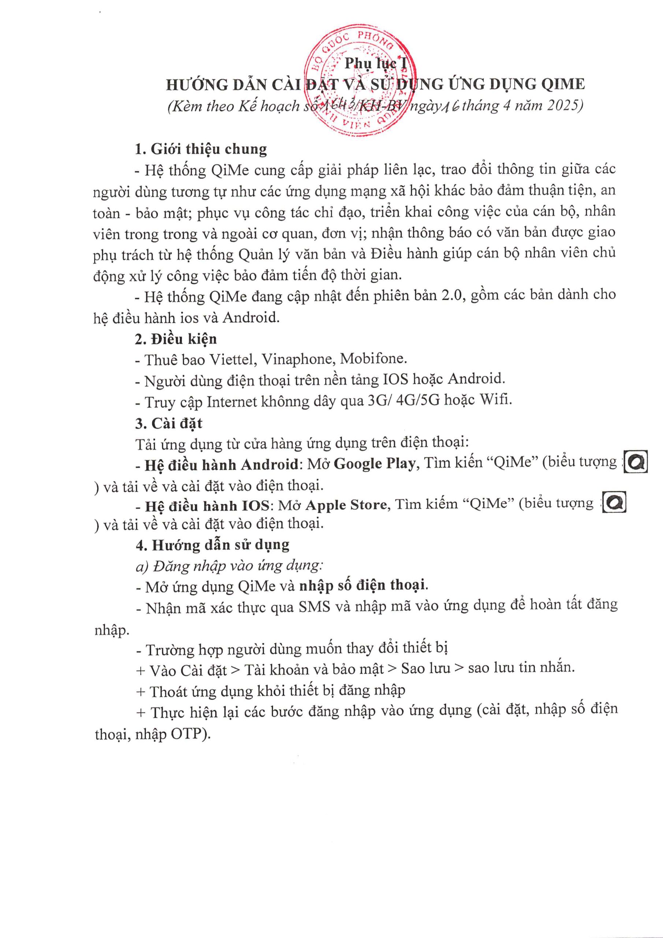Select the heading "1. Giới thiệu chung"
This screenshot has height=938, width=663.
201,149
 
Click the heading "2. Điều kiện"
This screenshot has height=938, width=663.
176,339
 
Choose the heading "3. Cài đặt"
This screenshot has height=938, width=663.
169,423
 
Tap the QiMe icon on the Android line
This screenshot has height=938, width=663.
637,462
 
